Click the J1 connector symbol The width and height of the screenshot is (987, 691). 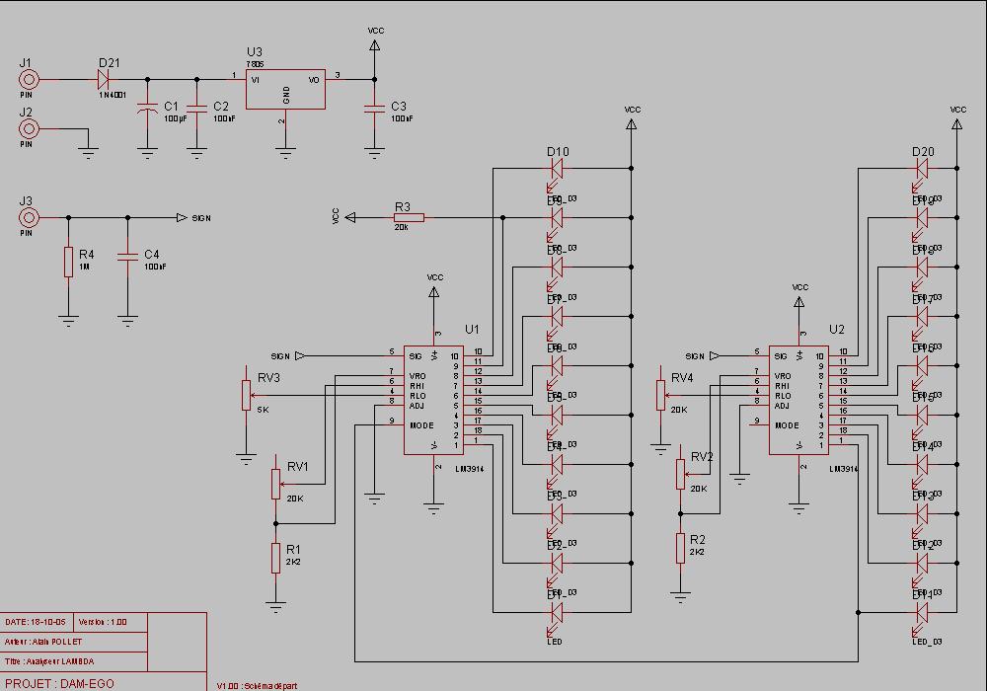pyautogui.click(x=29, y=79)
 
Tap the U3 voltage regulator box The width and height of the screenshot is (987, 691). pyautogui.click(x=285, y=89)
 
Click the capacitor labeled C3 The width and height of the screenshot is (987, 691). pyautogui.click(x=374, y=107)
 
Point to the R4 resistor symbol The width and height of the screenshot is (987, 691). pyautogui.click(x=68, y=262)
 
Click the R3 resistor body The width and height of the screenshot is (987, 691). pyautogui.click(x=409, y=217)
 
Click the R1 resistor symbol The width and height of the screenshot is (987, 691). pyautogui.click(x=275, y=558)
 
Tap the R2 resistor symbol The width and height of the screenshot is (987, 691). pyautogui.click(x=680, y=548)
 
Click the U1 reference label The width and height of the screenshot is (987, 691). pyautogui.click(x=472, y=329)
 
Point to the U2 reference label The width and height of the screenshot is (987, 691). pyautogui.click(x=837, y=329)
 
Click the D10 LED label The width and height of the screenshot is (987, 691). pyautogui.click(x=558, y=152)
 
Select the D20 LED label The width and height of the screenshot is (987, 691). pyautogui.click(x=923, y=152)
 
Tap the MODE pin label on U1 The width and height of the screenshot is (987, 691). pyautogui.click(x=422, y=425)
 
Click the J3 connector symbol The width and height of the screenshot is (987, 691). pyautogui.click(x=29, y=217)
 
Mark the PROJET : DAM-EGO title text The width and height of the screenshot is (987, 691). pyautogui.click(x=59, y=683)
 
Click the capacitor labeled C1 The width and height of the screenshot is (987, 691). pyautogui.click(x=147, y=107)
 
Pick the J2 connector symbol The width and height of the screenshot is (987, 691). pyautogui.click(x=29, y=128)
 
